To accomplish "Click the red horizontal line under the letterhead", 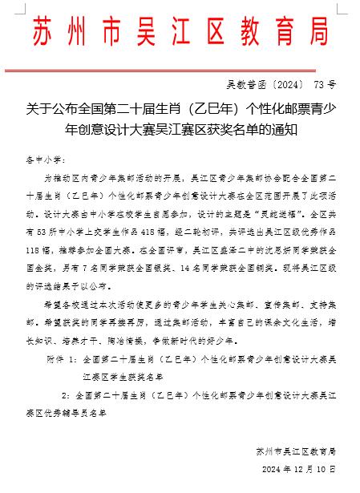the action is (x=180, y=67).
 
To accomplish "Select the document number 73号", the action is (x=326, y=83).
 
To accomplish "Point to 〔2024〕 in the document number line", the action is (x=283, y=83).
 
